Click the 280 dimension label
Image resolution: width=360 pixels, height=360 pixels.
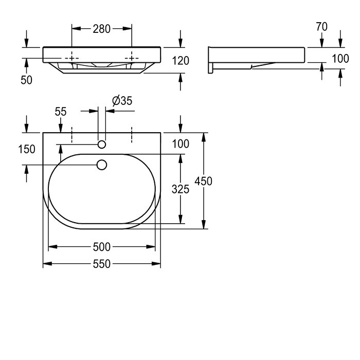101,29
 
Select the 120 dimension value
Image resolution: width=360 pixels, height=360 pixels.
181,61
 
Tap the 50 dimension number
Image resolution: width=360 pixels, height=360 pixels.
26,80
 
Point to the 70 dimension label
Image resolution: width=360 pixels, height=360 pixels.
321,27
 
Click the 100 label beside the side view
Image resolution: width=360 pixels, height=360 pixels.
340,59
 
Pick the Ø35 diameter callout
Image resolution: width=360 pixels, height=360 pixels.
122,101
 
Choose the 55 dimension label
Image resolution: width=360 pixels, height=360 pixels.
61,112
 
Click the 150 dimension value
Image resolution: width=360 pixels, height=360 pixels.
27,149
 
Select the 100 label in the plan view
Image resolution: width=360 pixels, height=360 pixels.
181,144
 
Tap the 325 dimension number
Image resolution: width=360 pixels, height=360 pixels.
181,189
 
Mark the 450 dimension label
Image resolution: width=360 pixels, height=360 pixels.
204,181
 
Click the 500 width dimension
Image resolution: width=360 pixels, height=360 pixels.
102,247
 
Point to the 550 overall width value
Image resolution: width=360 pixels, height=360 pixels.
102,264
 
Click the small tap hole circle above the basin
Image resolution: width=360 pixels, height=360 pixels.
102,145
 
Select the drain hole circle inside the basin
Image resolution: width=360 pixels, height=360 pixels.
102,165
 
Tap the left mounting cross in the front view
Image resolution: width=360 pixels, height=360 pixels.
72,58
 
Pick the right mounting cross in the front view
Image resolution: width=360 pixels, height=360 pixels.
132,58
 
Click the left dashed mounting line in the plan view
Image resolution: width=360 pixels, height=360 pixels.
72,135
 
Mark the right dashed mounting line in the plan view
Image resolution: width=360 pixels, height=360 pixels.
132,135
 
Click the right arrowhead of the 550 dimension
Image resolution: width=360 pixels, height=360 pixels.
156,264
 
